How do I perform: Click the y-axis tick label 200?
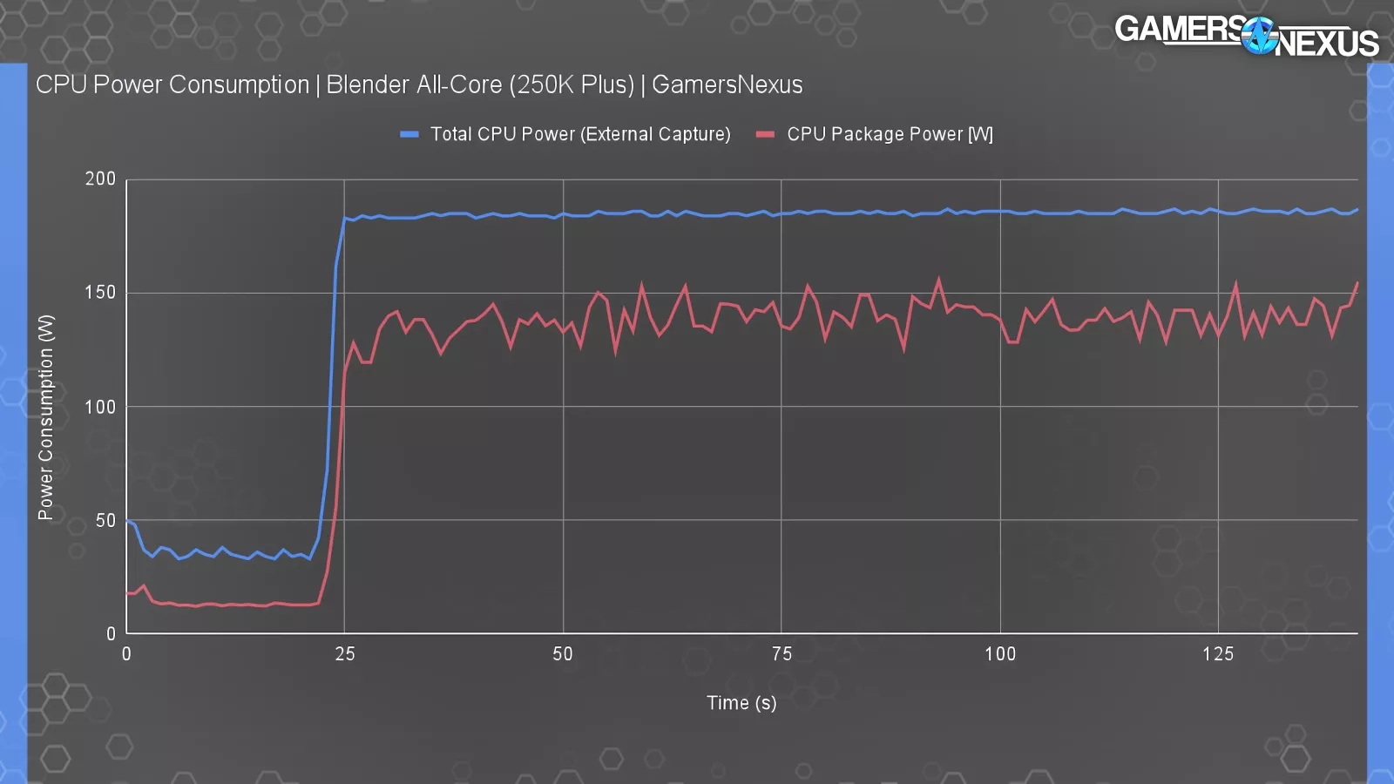coord(100,179)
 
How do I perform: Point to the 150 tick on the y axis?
coord(100,293)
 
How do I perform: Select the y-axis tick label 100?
coord(100,407)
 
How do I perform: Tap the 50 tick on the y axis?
coord(105,520)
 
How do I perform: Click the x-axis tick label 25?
coord(345,654)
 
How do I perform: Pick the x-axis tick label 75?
coord(782,654)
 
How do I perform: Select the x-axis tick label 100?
coord(1000,654)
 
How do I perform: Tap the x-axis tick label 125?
coord(1218,654)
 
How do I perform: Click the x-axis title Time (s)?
coord(741,703)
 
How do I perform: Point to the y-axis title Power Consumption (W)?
coord(45,417)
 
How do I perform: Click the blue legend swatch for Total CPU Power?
coord(409,134)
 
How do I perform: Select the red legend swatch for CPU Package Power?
coord(766,134)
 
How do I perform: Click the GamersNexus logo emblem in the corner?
coord(1259,36)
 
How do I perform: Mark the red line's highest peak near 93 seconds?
coord(938,280)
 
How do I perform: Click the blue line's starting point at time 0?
coord(127,521)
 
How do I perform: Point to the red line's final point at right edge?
coord(1357,283)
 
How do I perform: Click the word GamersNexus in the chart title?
coord(727,84)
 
